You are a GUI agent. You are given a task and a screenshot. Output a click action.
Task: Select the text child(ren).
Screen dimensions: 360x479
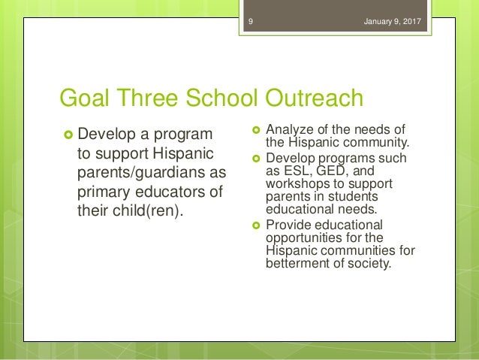(x=149, y=209)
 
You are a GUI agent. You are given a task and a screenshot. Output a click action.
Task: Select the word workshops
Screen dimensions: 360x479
(x=297, y=183)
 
